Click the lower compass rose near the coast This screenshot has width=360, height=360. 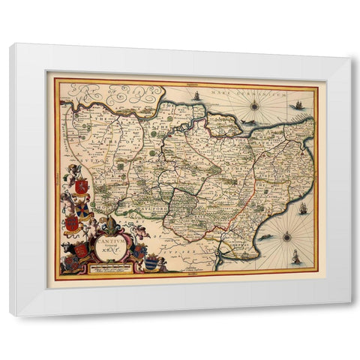(286, 237)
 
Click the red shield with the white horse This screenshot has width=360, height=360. (82, 185)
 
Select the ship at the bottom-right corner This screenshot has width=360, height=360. (295, 258)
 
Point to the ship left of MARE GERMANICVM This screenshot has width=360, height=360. (196, 96)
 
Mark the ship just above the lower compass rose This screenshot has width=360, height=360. (302, 209)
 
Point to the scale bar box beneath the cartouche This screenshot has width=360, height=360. (113, 267)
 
